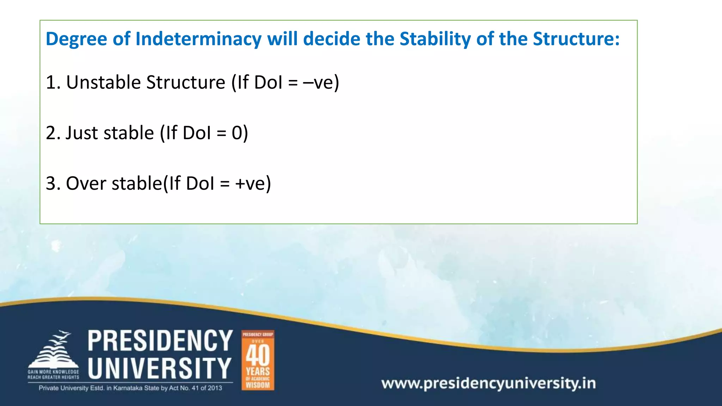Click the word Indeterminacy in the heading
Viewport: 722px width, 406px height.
[x=198, y=39]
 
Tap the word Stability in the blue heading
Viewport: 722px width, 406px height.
[x=435, y=39]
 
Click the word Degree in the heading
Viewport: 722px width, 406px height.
[x=76, y=39]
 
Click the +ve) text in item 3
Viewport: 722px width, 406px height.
[x=253, y=184]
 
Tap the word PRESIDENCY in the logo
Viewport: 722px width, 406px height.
[x=160, y=341]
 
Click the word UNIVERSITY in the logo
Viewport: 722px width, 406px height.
[x=160, y=368]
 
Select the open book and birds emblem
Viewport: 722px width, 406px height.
[x=54, y=351]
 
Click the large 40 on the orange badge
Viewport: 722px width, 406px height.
[x=258, y=355]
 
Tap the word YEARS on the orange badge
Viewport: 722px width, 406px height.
[x=258, y=371]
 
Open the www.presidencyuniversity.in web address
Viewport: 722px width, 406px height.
[x=488, y=383]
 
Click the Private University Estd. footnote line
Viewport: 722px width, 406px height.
[x=130, y=388]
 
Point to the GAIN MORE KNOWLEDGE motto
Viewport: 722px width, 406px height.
[x=54, y=372]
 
